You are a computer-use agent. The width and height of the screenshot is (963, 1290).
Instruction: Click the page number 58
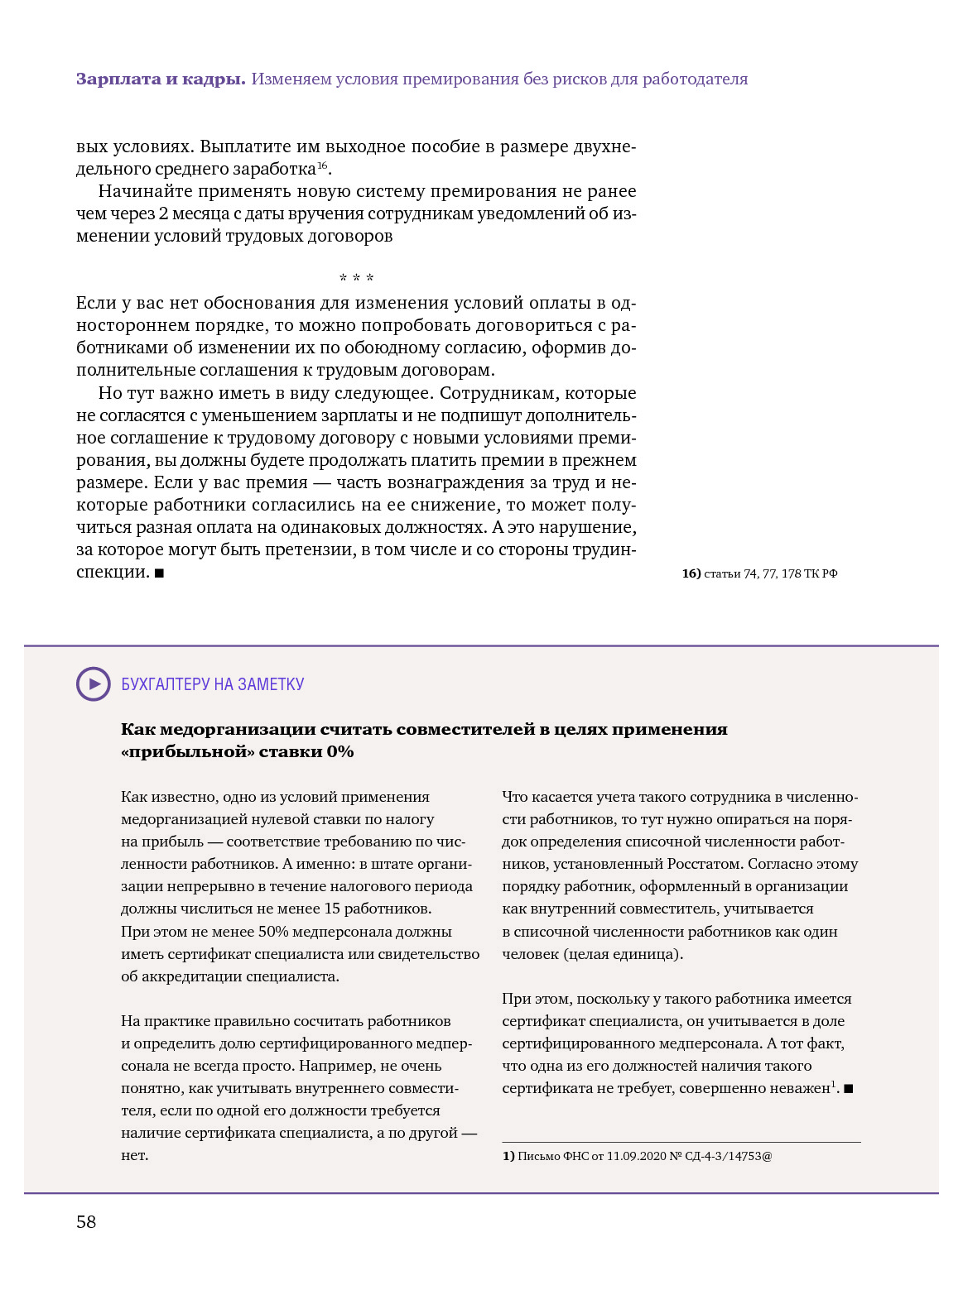[86, 1222]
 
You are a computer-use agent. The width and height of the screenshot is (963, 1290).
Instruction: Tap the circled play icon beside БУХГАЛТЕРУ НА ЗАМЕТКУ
[94, 684]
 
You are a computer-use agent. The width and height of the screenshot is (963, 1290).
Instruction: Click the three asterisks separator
[356, 278]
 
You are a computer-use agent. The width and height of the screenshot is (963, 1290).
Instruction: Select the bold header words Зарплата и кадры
[161, 79]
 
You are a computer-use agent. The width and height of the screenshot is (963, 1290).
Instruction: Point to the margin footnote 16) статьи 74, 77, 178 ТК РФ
[759, 573]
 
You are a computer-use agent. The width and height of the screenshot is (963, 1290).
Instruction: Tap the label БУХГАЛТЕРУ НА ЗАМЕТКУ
[213, 684]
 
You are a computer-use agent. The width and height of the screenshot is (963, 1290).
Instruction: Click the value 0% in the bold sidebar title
[340, 751]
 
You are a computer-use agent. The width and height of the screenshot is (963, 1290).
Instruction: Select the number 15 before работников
[332, 909]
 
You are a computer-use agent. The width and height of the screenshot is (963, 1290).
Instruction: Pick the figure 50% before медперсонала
[273, 931]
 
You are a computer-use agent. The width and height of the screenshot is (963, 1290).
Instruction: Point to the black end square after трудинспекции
[159, 573]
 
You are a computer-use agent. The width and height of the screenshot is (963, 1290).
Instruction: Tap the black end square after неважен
[849, 1089]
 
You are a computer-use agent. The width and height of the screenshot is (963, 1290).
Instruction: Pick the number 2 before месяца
[163, 213]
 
